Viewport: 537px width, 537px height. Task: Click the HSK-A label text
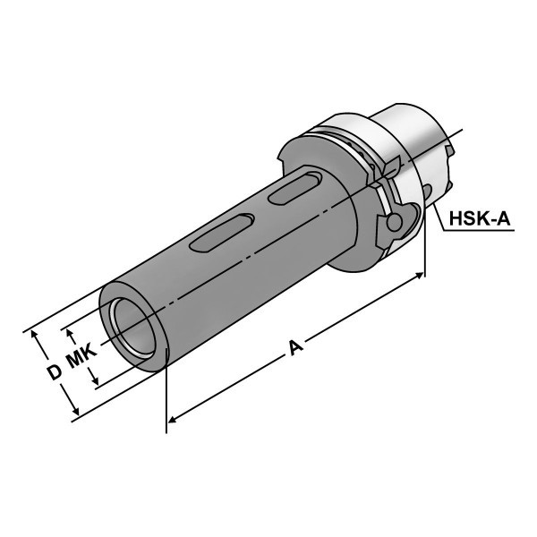[480, 218]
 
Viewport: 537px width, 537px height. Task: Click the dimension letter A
[296, 347]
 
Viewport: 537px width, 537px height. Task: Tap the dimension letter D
[54, 372]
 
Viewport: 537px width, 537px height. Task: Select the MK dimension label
[81, 356]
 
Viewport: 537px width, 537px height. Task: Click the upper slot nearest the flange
[294, 189]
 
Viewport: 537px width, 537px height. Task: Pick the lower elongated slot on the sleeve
[222, 234]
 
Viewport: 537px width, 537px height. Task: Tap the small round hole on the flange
[394, 223]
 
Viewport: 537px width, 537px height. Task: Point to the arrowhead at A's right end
[420, 275]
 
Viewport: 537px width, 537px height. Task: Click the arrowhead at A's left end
[172, 419]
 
